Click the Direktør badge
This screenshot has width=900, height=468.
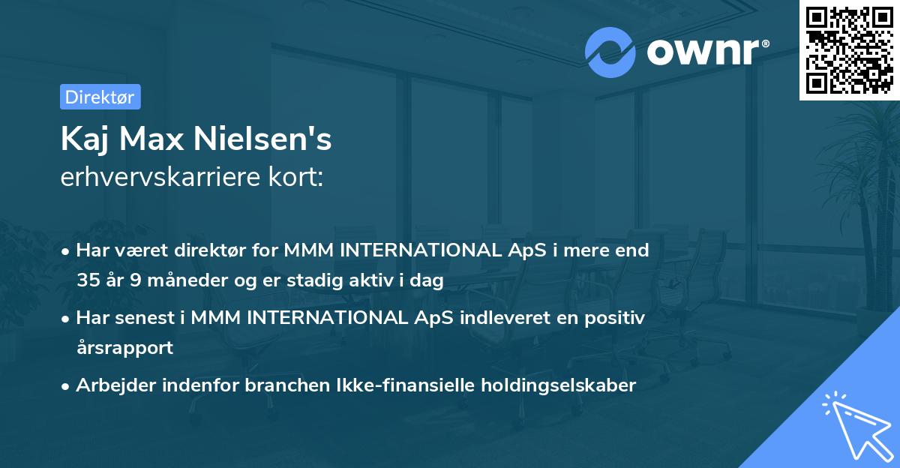[x=100, y=97]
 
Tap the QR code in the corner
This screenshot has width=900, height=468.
[x=849, y=49]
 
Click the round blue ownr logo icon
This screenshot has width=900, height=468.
[x=610, y=52]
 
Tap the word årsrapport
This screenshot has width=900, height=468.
[x=124, y=347]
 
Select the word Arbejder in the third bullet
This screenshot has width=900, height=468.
[x=111, y=385]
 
